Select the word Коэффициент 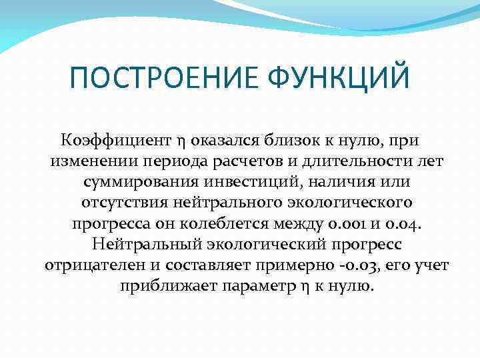click(x=116, y=141)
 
